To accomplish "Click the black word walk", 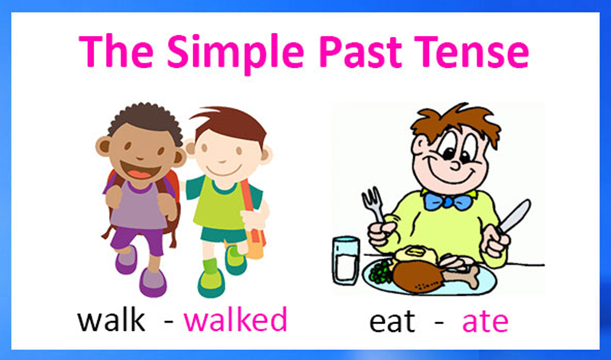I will click(x=112, y=319).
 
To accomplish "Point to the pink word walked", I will click(x=235, y=319).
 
